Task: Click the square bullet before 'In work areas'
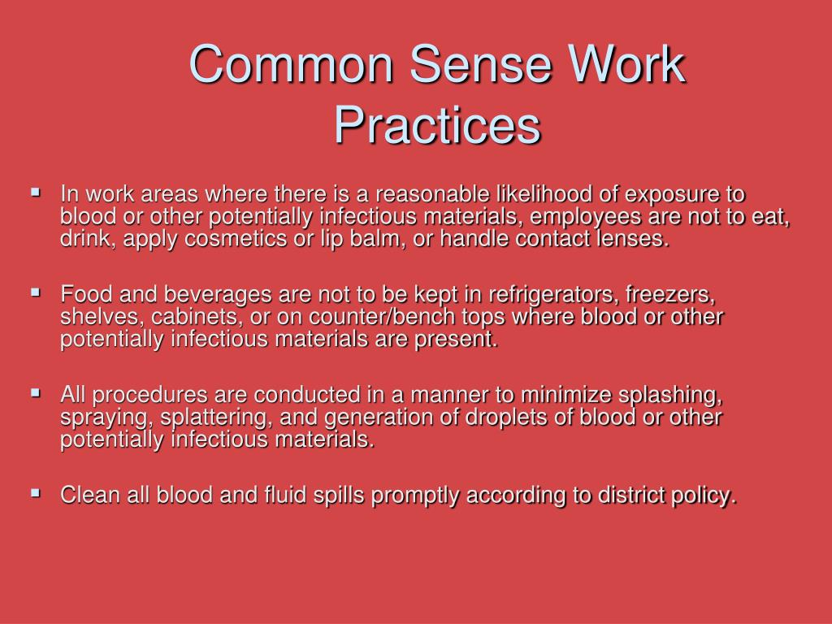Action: (x=36, y=193)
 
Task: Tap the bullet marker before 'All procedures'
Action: (x=36, y=392)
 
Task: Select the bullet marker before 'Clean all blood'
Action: (x=36, y=492)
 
